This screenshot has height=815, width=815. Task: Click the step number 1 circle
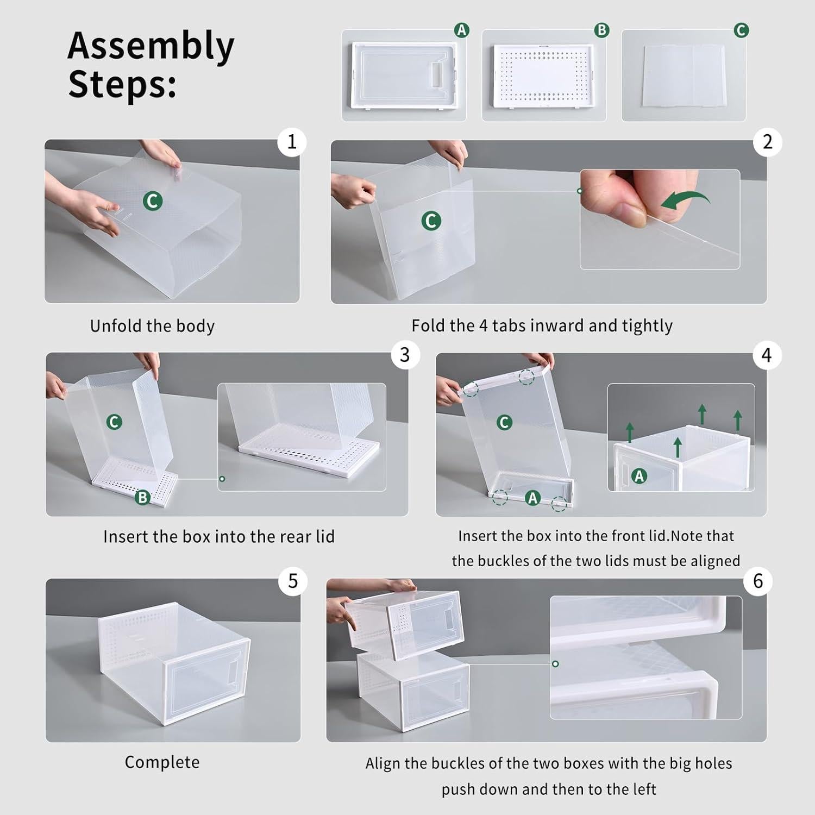[x=292, y=142]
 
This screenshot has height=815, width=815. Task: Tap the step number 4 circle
[x=766, y=355]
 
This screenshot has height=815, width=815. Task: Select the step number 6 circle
[x=758, y=581]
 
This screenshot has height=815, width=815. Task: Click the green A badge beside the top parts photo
[x=461, y=30]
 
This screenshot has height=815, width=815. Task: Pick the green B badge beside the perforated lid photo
[x=601, y=30]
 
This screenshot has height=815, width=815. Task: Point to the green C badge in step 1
[x=153, y=201]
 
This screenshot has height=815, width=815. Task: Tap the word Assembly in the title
[x=151, y=46]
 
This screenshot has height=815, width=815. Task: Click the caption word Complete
[x=162, y=762]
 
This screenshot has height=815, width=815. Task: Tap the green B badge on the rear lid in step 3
[x=142, y=497]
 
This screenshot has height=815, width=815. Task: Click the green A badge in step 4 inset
[x=639, y=477]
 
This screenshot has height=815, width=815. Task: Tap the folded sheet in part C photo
[x=683, y=76]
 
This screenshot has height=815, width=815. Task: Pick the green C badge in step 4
[x=504, y=422]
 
